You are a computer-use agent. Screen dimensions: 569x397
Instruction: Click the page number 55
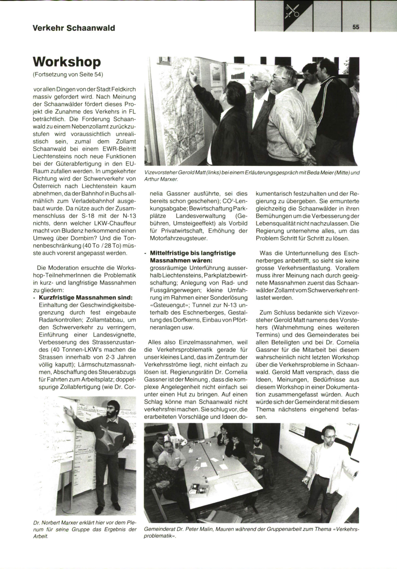(x=356, y=27)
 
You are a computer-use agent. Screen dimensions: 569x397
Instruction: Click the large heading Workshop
(x=67, y=62)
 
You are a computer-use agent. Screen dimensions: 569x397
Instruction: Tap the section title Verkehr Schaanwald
(x=74, y=28)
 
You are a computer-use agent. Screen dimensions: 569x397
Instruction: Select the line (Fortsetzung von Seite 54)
(x=68, y=75)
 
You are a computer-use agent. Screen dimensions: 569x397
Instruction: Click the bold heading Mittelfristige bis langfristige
(x=193, y=253)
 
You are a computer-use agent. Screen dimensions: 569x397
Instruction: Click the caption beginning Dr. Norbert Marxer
(x=85, y=529)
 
